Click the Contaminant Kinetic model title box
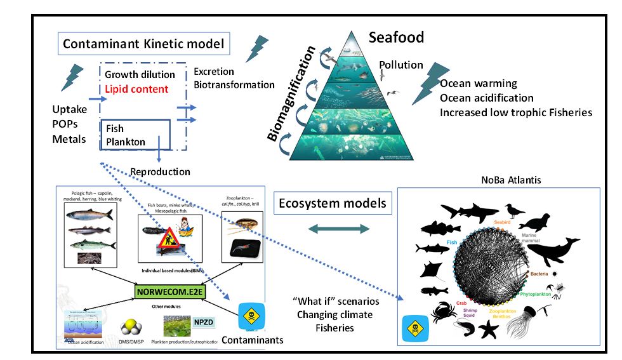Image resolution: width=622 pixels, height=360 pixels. point(145,45)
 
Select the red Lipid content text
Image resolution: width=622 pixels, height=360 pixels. point(137,89)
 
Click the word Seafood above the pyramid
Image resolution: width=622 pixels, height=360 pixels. point(396,37)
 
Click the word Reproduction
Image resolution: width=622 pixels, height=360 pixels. point(160,171)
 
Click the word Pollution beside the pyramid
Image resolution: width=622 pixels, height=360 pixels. point(401,65)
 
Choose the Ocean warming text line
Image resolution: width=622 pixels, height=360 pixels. point(479,84)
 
